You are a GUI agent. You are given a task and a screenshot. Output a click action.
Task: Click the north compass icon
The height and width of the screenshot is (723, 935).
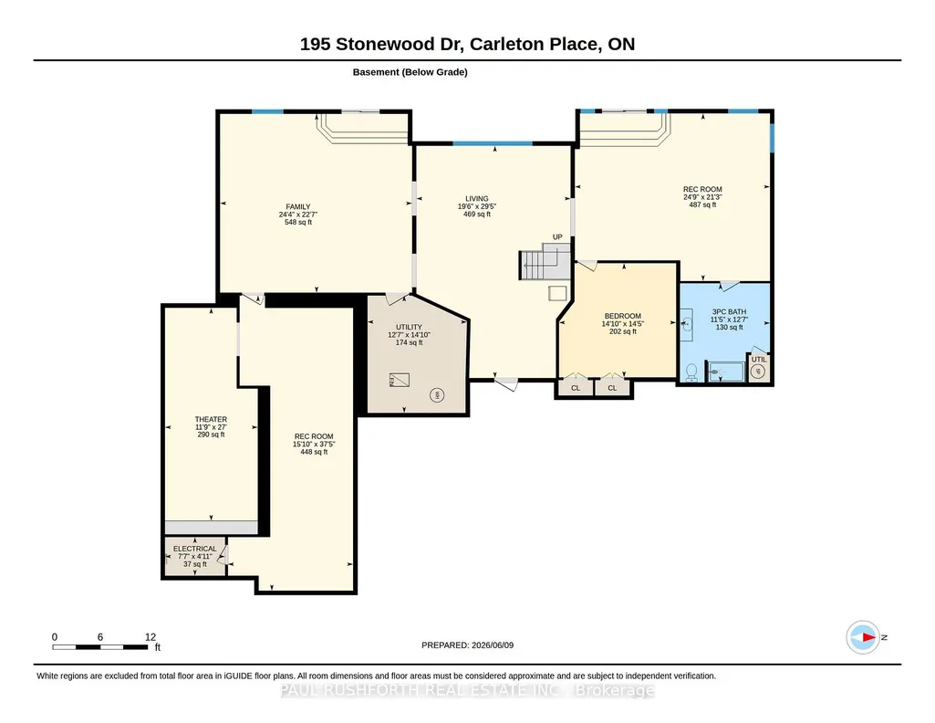click(863, 637)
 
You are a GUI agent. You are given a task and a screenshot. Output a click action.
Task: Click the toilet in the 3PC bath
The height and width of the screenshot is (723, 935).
click(691, 372)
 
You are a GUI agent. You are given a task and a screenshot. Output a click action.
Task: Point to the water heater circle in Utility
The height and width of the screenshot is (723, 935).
click(437, 395)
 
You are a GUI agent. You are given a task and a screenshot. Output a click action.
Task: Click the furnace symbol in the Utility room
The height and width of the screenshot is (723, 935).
click(399, 380)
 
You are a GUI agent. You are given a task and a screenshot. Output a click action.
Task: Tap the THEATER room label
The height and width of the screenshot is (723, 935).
click(211, 419)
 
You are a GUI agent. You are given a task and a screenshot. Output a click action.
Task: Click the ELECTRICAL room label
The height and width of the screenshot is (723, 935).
click(195, 549)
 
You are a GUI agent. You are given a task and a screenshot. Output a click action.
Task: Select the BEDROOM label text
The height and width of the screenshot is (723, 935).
click(622, 316)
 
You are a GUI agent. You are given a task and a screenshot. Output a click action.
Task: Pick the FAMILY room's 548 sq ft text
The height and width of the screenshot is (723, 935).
click(298, 222)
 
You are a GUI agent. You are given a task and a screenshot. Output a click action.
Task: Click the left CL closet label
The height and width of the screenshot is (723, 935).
click(576, 388)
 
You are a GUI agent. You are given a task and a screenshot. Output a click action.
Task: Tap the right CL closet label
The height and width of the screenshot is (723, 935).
click(612, 388)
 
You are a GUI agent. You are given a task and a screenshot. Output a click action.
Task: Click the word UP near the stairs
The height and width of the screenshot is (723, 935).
click(557, 236)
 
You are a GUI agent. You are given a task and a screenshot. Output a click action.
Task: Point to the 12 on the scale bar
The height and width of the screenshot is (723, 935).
click(151, 637)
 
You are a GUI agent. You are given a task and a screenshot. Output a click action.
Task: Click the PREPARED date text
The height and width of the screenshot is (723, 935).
click(467, 644)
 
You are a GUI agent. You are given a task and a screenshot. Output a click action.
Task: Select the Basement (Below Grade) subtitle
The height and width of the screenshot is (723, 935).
click(410, 72)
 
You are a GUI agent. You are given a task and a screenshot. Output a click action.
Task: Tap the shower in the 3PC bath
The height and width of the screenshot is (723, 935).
click(726, 372)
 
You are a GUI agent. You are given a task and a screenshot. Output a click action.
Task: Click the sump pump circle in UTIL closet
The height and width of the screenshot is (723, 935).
click(758, 372)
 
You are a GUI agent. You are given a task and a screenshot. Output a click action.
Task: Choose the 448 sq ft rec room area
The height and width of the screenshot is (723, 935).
click(314, 452)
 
